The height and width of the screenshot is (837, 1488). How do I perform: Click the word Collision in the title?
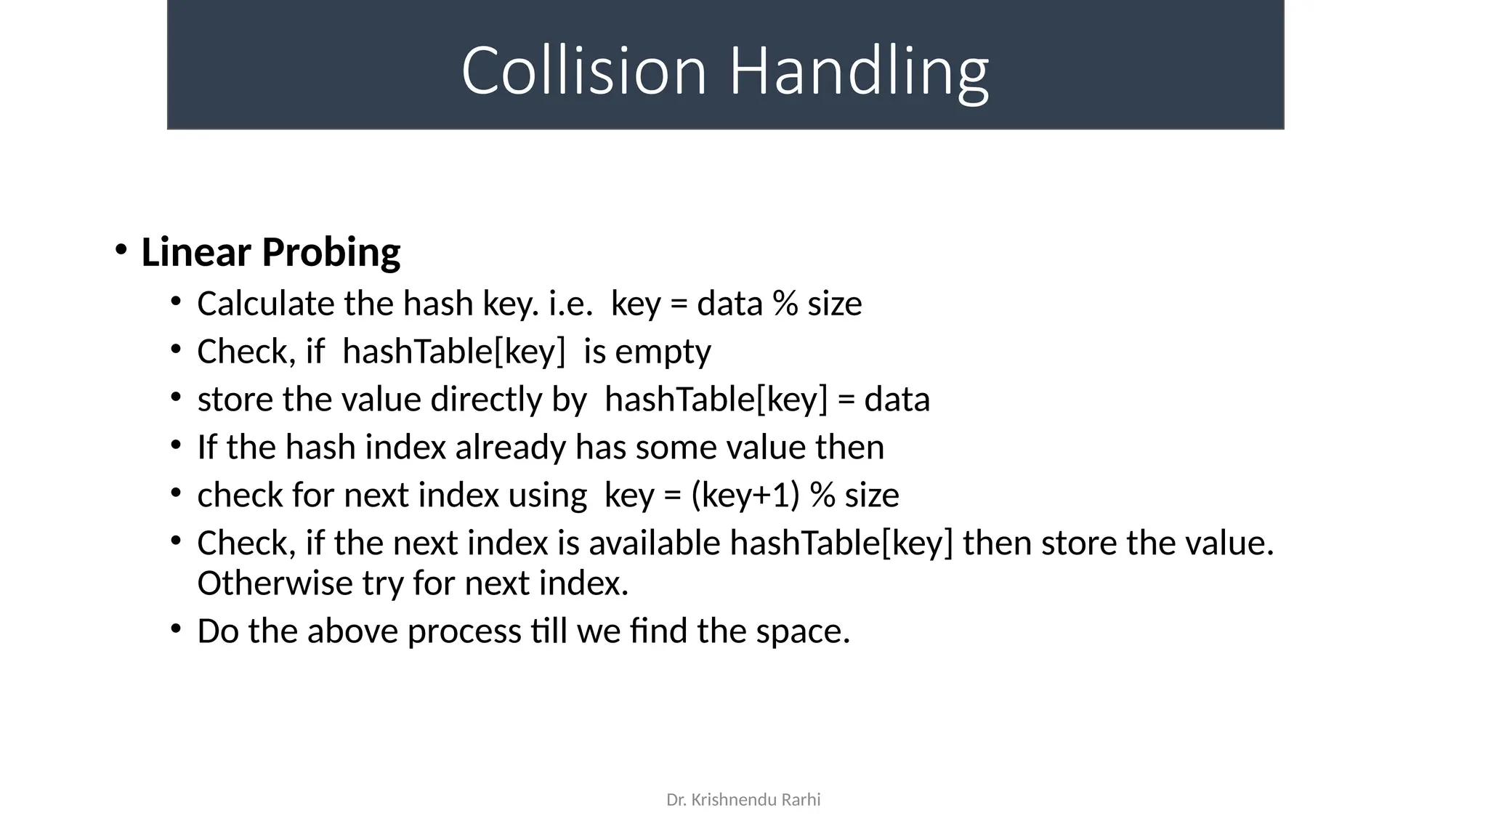584,70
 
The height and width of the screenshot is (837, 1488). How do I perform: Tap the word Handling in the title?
859,70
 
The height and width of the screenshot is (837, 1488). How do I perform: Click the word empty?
663,352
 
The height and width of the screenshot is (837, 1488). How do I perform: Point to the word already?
510,448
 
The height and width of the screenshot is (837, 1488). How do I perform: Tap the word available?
654,543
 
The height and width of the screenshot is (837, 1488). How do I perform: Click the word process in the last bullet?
464,631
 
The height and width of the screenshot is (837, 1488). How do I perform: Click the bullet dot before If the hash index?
176,444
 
